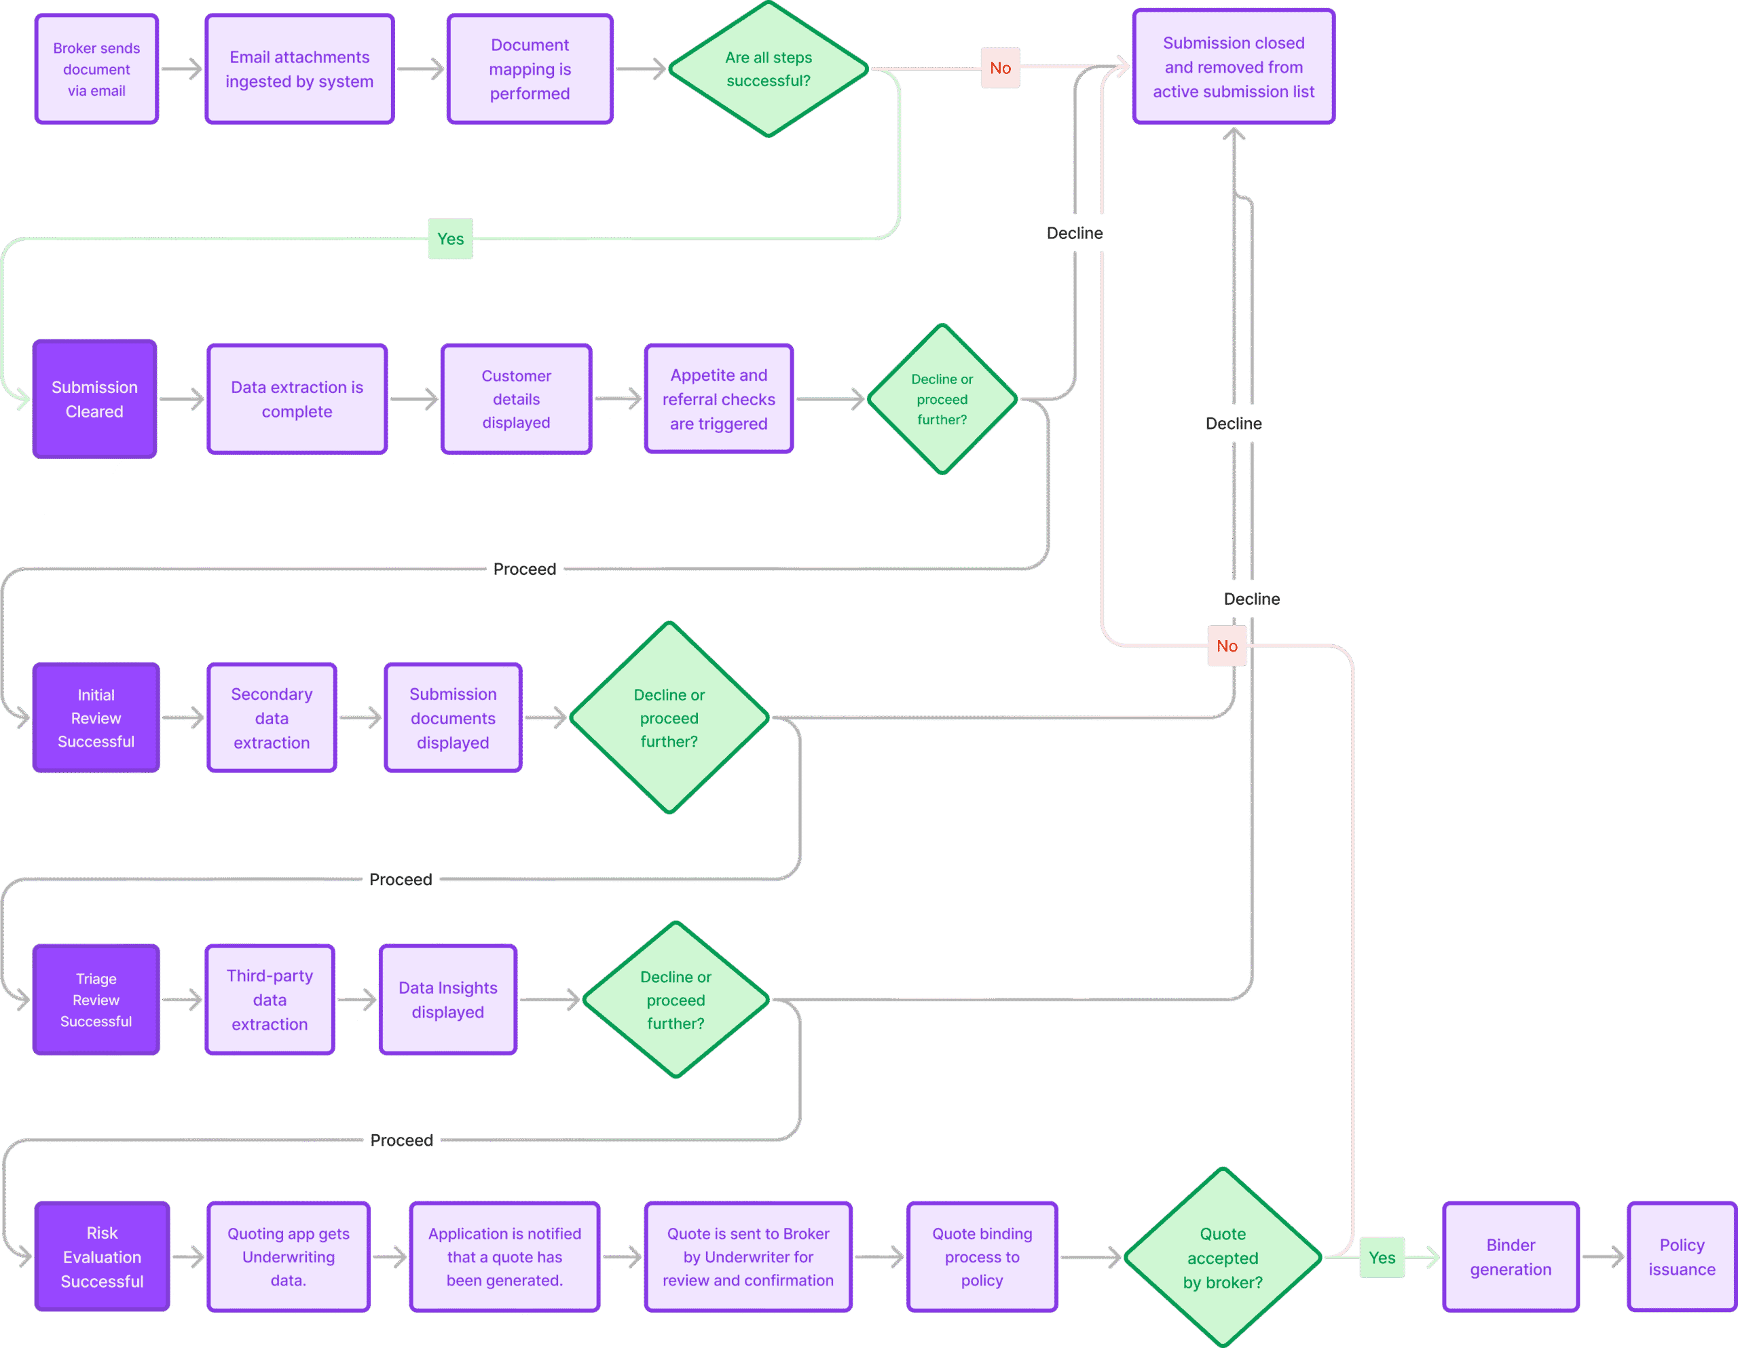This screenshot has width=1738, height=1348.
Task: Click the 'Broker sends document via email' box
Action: [96, 69]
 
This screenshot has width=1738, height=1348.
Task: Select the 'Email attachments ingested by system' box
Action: [299, 69]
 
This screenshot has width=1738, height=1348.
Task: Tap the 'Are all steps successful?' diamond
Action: [768, 69]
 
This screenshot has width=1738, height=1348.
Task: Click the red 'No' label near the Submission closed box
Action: [999, 68]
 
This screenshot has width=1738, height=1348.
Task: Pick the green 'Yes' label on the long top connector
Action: [450, 239]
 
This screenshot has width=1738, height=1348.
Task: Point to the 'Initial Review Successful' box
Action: [96, 717]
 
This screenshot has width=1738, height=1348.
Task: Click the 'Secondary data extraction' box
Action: [272, 717]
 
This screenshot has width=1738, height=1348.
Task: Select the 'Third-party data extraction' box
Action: [270, 1000]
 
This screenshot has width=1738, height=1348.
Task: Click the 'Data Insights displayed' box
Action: [447, 1000]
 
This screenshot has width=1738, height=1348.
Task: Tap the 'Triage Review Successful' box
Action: [96, 1000]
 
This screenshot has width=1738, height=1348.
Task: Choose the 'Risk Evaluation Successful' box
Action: [102, 1256]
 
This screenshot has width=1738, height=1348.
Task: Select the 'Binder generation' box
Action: [1510, 1256]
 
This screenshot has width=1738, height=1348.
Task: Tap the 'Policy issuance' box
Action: [1681, 1256]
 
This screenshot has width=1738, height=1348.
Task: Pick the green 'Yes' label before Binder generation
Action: [1382, 1257]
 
